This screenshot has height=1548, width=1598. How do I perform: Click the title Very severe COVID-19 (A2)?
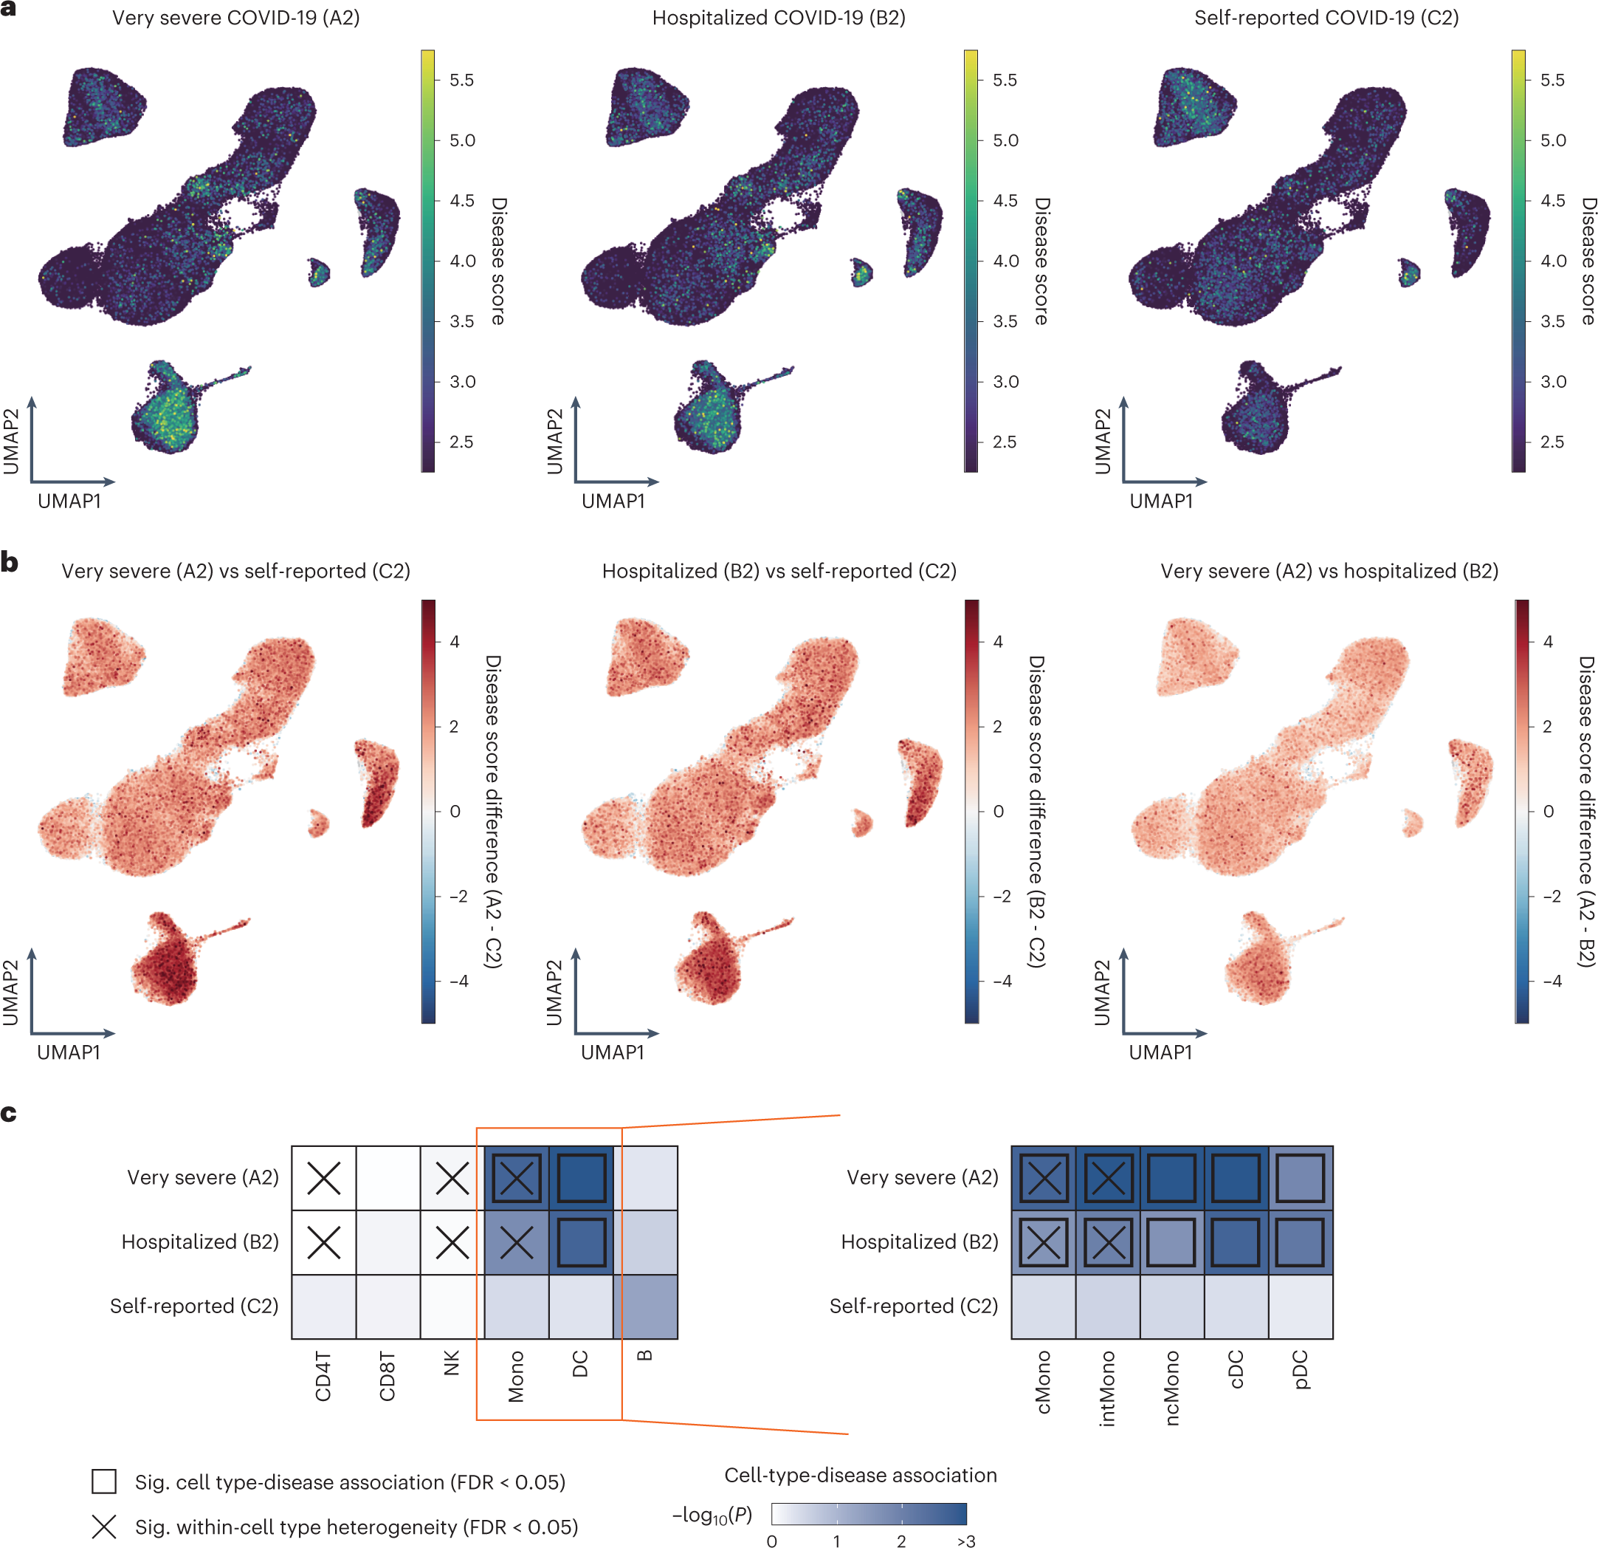[x=235, y=18]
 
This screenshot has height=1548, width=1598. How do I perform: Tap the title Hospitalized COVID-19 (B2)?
[x=779, y=18]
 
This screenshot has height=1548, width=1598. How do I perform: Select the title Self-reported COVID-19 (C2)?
[x=1326, y=18]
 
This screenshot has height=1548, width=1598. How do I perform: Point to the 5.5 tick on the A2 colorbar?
[x=461, y=80]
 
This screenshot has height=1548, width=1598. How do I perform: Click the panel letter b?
[x=10, y=562]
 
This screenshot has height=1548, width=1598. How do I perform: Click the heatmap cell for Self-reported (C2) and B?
[x=645, y=1306]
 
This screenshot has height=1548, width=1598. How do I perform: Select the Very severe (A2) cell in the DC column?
[x=580, y=1178]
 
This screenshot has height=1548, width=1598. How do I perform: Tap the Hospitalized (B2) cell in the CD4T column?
[x=324, y=1242]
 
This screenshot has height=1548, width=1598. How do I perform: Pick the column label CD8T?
[x=388, y=1377]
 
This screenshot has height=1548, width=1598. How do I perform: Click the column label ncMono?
[x=1171, y=1387]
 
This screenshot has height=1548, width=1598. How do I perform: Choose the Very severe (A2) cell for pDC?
[x=1301, y=1178]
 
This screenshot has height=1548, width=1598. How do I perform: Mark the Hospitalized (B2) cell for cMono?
[x=1044, y=1242]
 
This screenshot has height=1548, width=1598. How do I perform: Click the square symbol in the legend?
[x=104, y=1481]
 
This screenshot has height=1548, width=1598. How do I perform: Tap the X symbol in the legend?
[x=104, y=1526]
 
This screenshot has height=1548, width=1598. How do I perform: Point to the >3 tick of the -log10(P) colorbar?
[x=966, y=1541]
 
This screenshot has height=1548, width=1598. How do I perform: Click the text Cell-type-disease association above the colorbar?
[x=860, y=1475]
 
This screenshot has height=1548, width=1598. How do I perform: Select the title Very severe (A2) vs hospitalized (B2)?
[x=1329, y=571]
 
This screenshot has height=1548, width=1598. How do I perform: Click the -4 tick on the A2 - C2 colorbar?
[x=459, y=980]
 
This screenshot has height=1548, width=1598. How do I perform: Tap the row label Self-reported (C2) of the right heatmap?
[x=913, y=1306]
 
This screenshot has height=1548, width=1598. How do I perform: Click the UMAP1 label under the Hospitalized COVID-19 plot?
[x=613, y=501]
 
